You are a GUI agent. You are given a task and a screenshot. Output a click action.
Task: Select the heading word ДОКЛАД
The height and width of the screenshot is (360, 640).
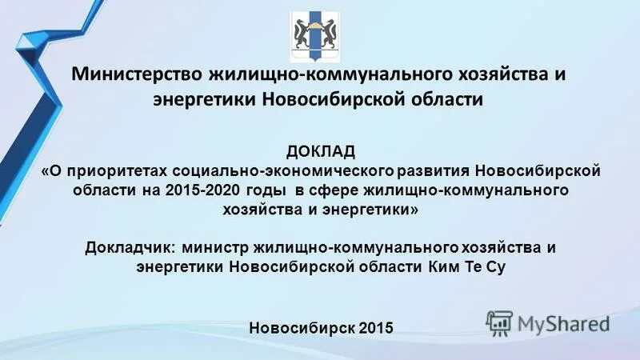pos(319,152)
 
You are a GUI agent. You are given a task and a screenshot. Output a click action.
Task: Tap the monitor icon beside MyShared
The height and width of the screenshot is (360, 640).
pos(499,322)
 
